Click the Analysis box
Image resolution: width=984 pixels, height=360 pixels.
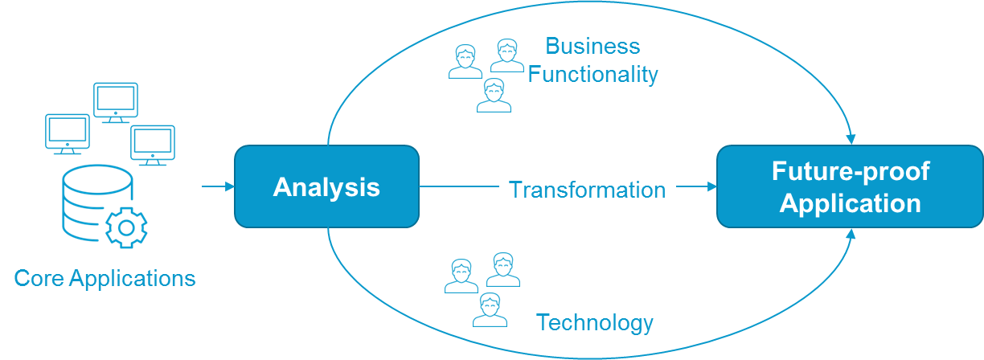point(326,186)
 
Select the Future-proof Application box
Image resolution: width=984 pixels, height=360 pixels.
point(850,186)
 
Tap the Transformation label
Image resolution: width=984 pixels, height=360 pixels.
point(588,190)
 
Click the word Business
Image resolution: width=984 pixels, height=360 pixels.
point(592,46)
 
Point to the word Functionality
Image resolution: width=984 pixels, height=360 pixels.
point(592,75)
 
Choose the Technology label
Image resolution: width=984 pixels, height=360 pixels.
point(595,323)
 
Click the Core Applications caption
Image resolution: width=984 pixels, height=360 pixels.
point(105,279)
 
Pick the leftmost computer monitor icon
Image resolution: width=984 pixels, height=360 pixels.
point(68,134)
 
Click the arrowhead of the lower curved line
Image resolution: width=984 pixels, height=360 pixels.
point(851,234)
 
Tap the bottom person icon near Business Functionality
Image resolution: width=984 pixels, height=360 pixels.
point(494,96)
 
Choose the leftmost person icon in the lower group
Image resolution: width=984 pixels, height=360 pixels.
point(461,276)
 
